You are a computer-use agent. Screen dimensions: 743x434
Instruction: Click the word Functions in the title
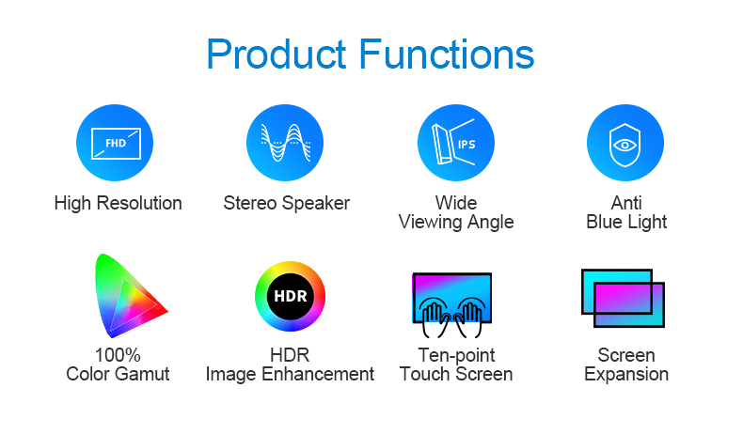tap(447, 54)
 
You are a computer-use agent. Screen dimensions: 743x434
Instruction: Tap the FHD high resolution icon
tap(115, 143)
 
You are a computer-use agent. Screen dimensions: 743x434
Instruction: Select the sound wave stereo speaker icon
tap(285, 143)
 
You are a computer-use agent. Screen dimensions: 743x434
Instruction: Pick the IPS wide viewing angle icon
tap(456, 143)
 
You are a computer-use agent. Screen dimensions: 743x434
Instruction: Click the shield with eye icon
tap(625, 143)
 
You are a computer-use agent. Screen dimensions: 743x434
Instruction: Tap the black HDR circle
tap(290, 296)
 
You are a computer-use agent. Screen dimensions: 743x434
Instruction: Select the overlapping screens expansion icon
tap(623, 298)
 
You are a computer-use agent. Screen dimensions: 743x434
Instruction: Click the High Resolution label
tap(118, 204)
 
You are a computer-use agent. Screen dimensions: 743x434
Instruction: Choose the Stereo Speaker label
tap(287, 204)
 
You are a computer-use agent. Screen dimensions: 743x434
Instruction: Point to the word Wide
tap(456, 203)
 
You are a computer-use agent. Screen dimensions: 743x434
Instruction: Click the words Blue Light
tap(626, 223)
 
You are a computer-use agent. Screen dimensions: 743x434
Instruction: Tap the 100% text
tap(118, 355)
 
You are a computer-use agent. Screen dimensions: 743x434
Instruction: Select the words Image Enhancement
tap(290, 375)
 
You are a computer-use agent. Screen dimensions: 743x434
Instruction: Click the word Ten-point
tap(456, 355)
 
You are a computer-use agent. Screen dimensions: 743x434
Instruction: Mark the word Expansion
tap(626, 375)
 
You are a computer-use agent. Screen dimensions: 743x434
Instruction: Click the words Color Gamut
tap(118, 374)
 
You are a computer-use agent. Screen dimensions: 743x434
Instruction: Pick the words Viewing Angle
tap(456, 223)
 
